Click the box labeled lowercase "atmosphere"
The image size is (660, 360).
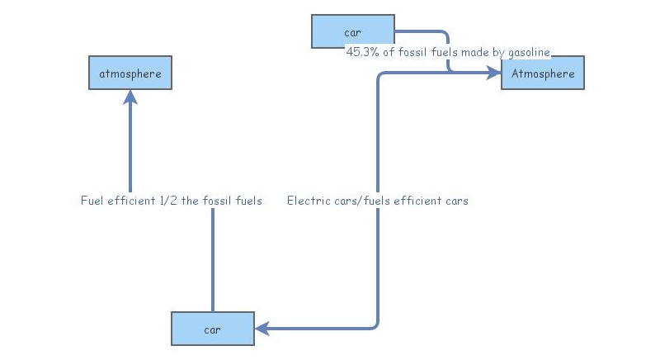pyautogui.click(x=130, y=73)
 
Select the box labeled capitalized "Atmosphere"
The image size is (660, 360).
pyautogui.click(x=542, y=73)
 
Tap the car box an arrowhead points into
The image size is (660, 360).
pyautogui.click(x=212, y=329)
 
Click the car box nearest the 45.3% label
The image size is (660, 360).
pyautogui.click(x=352, y=32)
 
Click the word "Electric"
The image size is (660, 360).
pyautogui.click(x=305, y=201)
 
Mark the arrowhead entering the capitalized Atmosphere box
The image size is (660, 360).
pyautogui.click(x=494, y=73)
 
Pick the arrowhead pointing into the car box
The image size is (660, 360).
pyautogui.click(x=262, y=329)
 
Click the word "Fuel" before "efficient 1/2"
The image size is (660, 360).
pyautogui.click(x=92, y=201)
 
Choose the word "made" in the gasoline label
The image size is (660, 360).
pyautogui.click(x=470, y=52)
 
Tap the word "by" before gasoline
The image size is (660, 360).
pyautogui.click(x=495, y=52)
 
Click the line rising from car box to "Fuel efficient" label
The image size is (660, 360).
pyautogui.click(x=212, y=260)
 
